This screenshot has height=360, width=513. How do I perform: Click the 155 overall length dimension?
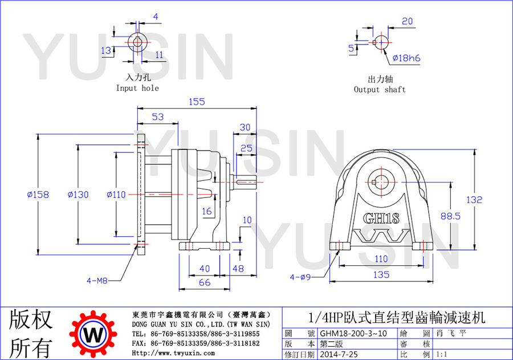[x=197, y=102]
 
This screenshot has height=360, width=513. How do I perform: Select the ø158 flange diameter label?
[x=38, y=195]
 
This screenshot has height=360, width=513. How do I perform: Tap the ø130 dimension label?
[x=78, y=195]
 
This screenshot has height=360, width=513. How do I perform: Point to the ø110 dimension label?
[x=116, y=195]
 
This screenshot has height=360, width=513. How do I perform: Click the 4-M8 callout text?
[x=97, y=280]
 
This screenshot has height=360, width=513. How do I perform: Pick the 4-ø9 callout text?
[x=300, y=277]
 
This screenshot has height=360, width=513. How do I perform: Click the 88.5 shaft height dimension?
[x=450, y=216]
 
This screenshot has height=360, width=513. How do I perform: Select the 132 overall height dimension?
[x=474, y=200]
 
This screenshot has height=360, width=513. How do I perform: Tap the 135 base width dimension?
[x=381, y=274]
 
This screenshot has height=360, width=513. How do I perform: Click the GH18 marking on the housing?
[x=381, y=218]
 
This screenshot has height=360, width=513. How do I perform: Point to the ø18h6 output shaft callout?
[x=406, y=58]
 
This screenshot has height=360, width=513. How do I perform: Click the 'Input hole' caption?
[x=137, y=88]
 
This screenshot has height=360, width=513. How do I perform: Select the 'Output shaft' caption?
[x=380, y=90]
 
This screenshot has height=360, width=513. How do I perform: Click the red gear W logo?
[x=93, y=334]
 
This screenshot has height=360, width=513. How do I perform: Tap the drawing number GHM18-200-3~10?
[x=353, y=333]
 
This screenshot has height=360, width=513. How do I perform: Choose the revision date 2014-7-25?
[x=339, y=354]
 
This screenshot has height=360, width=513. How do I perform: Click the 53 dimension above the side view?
[x=158, y=116]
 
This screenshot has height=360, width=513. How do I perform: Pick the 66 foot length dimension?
[x=205, y=282]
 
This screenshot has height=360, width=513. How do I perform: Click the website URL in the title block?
[x=173, y=353]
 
